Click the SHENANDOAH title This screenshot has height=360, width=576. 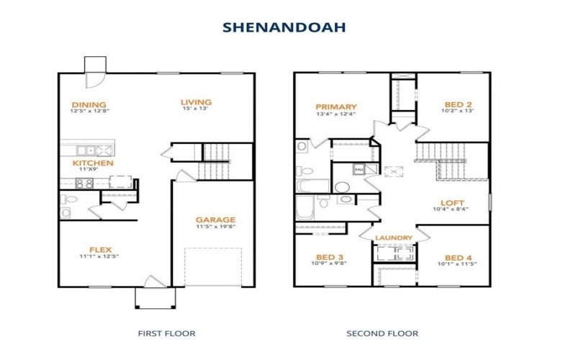[x=284, y=27]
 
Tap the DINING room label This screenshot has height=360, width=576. [x=89, y=104]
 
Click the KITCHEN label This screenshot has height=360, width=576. [x=93, y=163]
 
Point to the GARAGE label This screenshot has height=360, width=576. [x=215, y=220]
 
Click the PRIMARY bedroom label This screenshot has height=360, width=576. [x=336, y=107]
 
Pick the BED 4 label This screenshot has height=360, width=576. [x=459, y=258]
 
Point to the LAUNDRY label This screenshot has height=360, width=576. [x=393, y=238]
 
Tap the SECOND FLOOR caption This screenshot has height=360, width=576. [x=382, y=333]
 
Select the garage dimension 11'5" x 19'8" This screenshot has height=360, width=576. [x=215, y=227]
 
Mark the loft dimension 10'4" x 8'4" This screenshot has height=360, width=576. [x=451, y=210]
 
